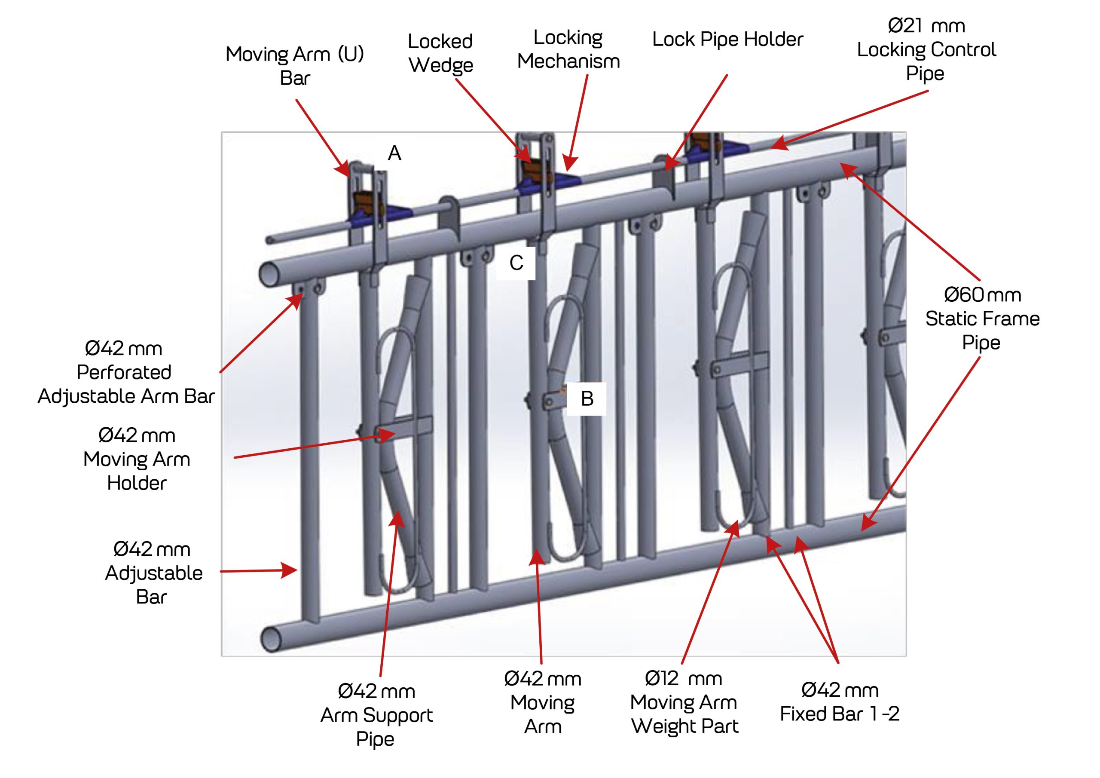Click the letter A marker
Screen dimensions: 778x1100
pyautogui.click(x=394, y=153)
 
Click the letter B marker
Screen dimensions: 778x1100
pyautogui.click(x=587, y=399)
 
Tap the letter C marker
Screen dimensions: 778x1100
pyautogui.click(x=516, y=263)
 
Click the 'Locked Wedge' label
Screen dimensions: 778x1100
pyautogui.click(x=440, y=53)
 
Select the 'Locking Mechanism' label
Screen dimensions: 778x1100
pyautogui.click(x=568, y=49)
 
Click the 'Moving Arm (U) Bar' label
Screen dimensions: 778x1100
pyautogui.click(x=295, y=66)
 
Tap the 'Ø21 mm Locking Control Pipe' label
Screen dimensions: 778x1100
pyautogui.click(x=926, y=49)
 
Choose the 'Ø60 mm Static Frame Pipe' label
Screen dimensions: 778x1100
pyautogui.click(x=982, y=319)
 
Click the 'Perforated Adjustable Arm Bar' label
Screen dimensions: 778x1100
pyautogui.click(x=125, y=373)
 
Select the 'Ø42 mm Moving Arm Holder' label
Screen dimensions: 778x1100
pyautogui.click(x=137, y=459)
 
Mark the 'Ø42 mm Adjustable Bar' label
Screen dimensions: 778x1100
pyautogui.click(x=153, y=573)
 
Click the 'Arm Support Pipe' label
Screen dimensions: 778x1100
pyautogui.click(x=376, y=715)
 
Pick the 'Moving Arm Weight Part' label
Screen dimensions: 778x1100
pyautogui.click(x=684, y=702)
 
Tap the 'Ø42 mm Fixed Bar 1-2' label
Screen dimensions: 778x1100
pyautogui.click(x=839, y=702)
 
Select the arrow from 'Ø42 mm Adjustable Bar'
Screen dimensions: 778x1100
pyautogui.click(x=259, y=571)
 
